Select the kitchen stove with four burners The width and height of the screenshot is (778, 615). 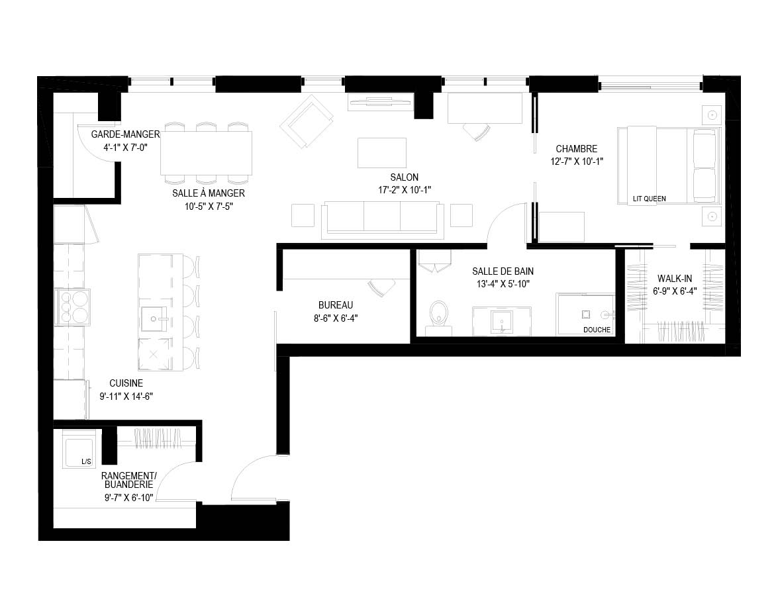(72, 307)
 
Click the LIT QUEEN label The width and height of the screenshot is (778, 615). (650, 199)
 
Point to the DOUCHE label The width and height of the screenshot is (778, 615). (597, 330)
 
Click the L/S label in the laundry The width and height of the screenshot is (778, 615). (86, 461)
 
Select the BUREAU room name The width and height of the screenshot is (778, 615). (336, 306)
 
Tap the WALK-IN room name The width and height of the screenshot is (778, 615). (675, 279)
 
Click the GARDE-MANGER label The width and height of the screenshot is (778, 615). (126, 134)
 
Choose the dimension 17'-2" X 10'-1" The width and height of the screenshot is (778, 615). (405, 190)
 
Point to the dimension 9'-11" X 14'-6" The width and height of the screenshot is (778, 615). (126, 397)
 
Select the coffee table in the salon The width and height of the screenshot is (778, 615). (382, 153)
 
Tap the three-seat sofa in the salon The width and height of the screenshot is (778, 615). (382, 218)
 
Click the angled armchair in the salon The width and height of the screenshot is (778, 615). (307, 122)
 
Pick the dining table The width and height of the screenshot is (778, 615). (206, 153)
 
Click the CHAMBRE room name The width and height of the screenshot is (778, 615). (577, 149)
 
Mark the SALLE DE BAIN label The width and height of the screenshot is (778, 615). (503, 271)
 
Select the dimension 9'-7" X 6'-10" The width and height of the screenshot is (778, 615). (129, 497)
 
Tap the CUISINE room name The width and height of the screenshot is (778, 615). (126, 383)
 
